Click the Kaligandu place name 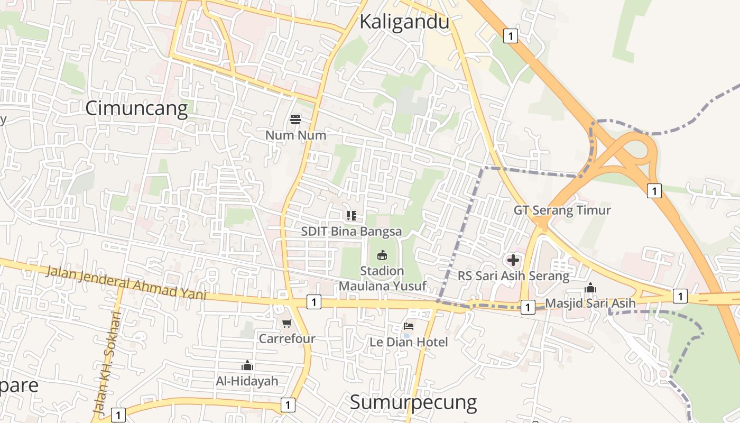404,22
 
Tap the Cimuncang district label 136,108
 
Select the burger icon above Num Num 295,119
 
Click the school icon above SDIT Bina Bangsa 351,215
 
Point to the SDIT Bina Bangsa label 351,232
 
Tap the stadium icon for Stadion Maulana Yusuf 382,255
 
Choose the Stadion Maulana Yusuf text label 382,278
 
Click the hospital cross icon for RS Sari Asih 513,260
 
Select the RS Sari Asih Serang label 514,275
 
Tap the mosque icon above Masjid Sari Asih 590,288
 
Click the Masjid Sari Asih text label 590,303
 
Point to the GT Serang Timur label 562,210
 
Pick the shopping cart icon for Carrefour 286,323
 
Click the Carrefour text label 287,338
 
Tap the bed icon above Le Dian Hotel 409,326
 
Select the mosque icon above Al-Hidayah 247,365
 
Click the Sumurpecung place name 413,402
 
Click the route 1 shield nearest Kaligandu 510,36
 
